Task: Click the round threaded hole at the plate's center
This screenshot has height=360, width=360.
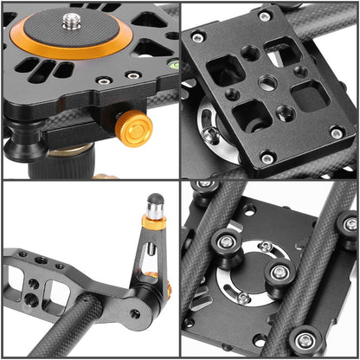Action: tap(268, 83)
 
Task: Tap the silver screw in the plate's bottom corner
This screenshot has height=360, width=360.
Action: tap(268, 157)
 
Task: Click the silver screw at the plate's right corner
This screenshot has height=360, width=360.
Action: tap(337, 132)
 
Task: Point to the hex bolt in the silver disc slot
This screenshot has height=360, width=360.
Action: tap(210, 134)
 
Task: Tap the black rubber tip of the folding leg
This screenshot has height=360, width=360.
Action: tap(155, 205)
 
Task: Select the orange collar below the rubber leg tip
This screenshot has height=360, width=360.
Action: tap(154, 222)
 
